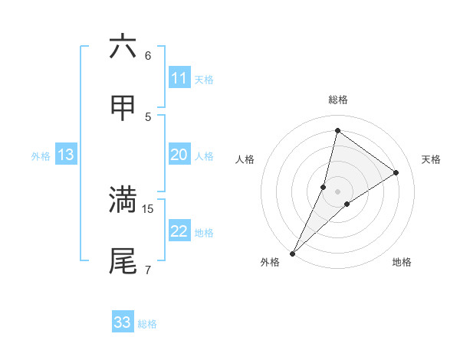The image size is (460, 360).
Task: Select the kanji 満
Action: pos(123,199)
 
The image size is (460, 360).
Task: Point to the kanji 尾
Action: pos(123,260)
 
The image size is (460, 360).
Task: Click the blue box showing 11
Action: pos(179,77)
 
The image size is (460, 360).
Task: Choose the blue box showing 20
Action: pos(179,155)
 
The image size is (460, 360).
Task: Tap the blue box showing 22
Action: pos(179,231)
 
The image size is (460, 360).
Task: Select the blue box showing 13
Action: pos(65,155)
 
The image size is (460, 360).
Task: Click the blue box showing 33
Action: pos(123,322)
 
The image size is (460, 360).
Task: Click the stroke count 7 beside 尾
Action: pos(148,270)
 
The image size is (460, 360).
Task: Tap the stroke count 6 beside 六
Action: pos(148,55)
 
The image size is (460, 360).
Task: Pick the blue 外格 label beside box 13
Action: pos(41,155)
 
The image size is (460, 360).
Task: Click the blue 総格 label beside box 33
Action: pos(148,323)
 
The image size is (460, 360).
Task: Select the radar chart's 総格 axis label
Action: pos(337,100)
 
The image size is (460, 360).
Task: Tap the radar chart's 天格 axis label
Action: pos(431,159)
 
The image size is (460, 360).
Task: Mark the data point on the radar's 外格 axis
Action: pos(292,253)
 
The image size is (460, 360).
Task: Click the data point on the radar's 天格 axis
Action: pos(396,172)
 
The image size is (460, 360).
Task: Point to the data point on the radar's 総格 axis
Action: pos(337,130)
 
